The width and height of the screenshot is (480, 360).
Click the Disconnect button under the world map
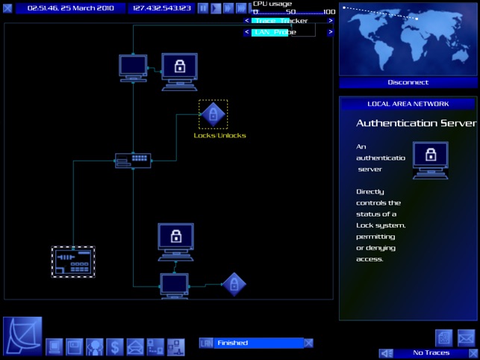coord(408,82)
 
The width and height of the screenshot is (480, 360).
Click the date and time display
coord(70,8)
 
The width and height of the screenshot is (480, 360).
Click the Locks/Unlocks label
coord(219,135)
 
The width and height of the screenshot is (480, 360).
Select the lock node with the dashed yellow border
coord(213,114)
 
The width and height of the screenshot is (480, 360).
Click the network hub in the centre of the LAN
coord(133,160)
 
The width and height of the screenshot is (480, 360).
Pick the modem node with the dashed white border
coord(73,261)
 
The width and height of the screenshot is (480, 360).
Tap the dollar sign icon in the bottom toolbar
coord(115,347)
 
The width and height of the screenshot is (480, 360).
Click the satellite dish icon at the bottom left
coord(22,335)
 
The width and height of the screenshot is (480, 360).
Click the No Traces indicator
coord(431,353)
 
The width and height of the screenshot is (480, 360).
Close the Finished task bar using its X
coord(308,343)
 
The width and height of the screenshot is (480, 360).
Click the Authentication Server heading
coord(416,123)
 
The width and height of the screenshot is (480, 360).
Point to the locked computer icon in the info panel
coord(430,158)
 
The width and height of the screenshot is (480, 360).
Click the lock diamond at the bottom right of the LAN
coord(234,285)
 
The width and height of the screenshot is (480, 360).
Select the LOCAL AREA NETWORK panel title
coord(408,104)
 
